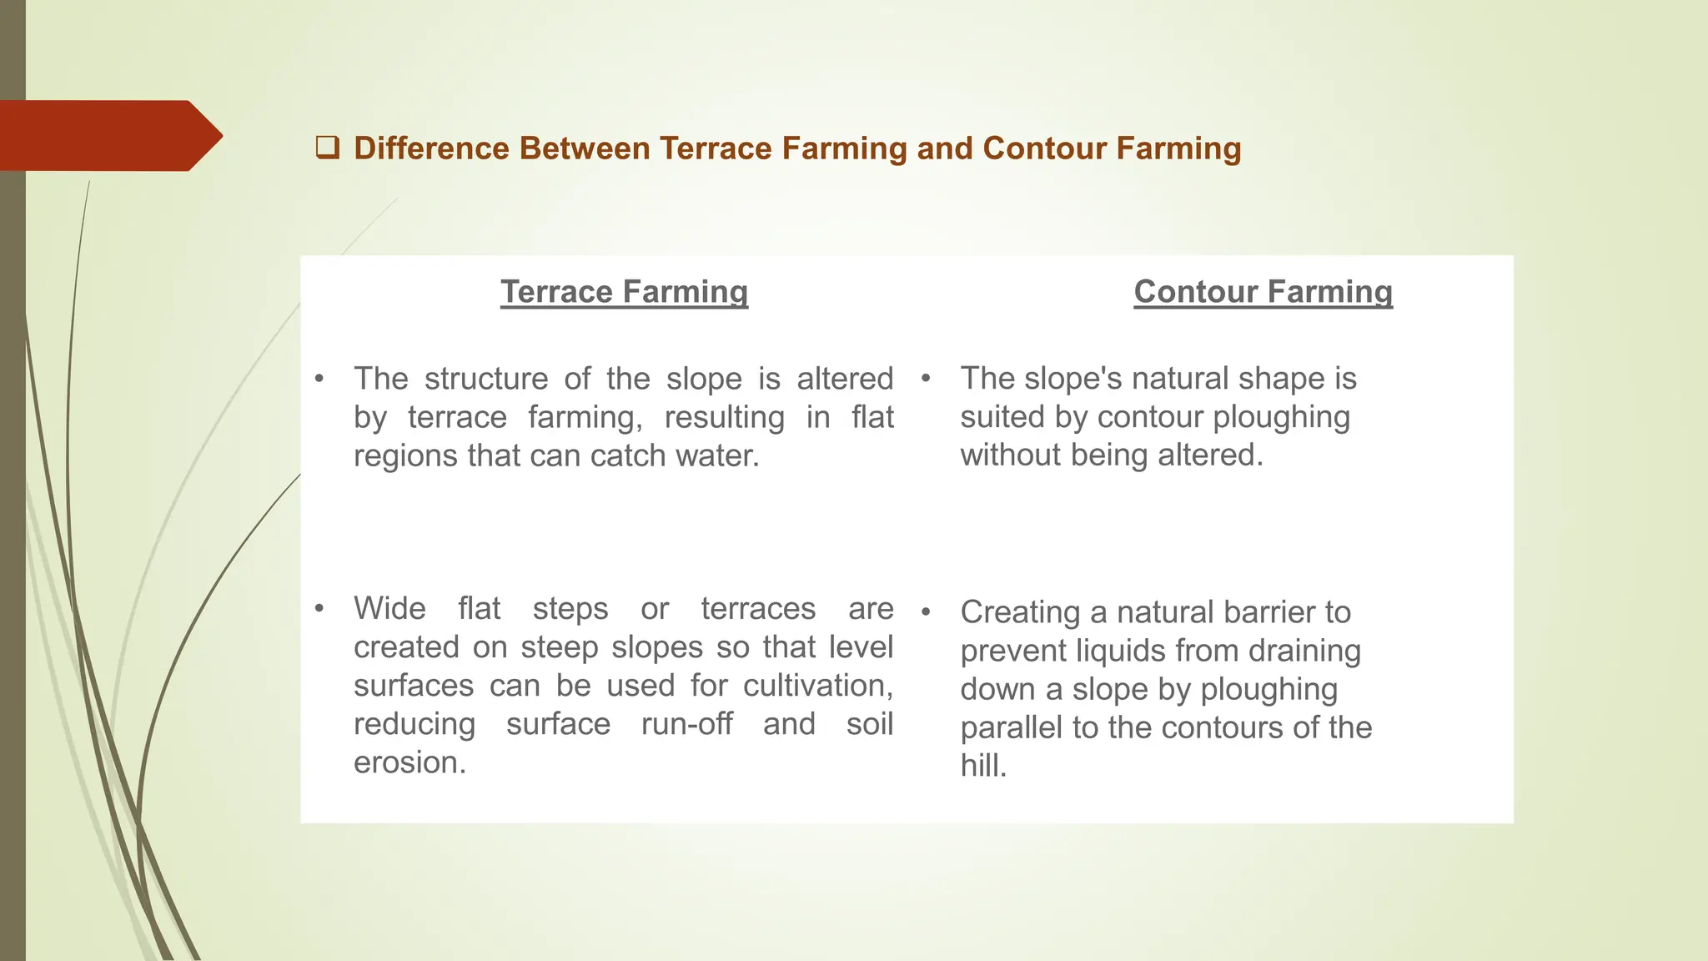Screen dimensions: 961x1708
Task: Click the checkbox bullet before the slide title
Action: coord(327,148)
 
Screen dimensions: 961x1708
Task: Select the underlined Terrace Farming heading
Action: coord(624,292)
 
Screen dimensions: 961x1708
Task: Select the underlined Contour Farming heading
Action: coord(1263,292)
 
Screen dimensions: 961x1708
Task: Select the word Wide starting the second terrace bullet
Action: coord(389,609)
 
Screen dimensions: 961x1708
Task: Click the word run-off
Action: coord(686,724)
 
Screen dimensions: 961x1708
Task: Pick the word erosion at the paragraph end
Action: coord(407,762)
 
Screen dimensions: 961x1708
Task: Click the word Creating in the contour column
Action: coord(1020,612)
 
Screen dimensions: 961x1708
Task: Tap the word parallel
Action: coord(1012,727)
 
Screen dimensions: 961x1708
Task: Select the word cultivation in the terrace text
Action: coord(815,686)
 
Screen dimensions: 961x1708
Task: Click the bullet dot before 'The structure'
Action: coord(319,380)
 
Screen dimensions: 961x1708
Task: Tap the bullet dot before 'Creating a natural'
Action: coord(925,613)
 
